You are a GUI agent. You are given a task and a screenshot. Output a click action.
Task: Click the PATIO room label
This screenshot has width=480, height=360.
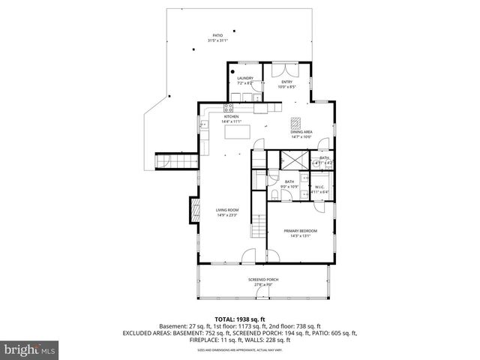[x=217, y=37]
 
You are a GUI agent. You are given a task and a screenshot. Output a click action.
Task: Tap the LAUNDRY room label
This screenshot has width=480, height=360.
[x=245, y=80]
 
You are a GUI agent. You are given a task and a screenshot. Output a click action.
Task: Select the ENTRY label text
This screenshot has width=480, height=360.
[x=286, y=84]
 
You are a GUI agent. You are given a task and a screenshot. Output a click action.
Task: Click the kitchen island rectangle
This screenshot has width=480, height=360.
[x=237, y=132]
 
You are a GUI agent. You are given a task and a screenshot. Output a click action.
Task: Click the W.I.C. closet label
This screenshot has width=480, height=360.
[x=319, y=190]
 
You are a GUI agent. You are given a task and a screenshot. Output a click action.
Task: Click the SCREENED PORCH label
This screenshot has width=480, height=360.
[x=263, y=281]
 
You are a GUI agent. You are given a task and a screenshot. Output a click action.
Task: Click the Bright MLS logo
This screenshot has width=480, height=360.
[x=29, y=349]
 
